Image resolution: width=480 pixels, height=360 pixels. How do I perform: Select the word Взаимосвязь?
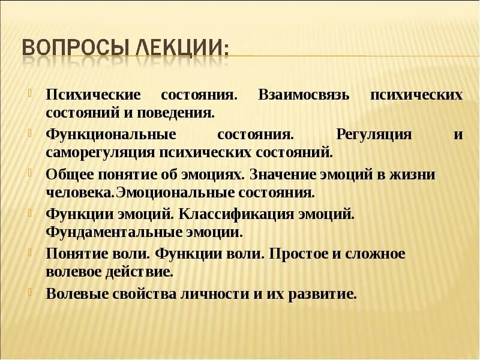click(x=304, y=95)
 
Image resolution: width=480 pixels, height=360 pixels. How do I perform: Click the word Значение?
click(x=284, y=175)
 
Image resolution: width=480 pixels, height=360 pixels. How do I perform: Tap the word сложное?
click(x=373, y=253)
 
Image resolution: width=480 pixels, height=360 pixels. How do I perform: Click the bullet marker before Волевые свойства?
click(x=29, y=291)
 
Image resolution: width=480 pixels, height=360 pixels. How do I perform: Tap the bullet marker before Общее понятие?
click(x=29, y=172)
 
